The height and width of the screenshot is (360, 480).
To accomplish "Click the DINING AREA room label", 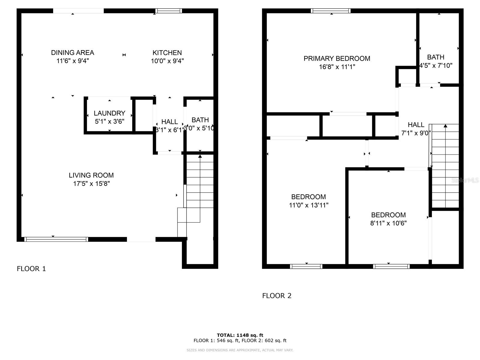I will coord(73,53).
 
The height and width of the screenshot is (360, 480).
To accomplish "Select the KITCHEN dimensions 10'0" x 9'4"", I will coord(167,61).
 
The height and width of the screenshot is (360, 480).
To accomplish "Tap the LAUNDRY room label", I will coord(109,113).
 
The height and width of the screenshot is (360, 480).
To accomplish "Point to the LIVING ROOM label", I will coord(91,175).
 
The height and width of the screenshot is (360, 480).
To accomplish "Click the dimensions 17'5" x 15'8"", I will coord(91,184).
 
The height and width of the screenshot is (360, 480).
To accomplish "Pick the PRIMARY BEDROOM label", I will coord(337,58).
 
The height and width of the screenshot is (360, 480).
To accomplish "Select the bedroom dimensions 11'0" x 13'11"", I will coord(308,205).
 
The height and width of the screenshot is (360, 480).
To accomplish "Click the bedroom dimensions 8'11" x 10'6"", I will coord(388,223).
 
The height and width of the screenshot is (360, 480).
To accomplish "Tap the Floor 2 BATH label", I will coord(436,57).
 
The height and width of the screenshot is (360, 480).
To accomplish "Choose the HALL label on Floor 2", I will coord(416,125).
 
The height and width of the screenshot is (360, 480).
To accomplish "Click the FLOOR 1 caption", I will coord(31,269).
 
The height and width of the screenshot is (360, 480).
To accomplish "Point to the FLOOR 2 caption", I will coord(277,296).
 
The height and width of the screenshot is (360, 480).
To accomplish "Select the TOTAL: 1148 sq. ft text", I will coord(240,335).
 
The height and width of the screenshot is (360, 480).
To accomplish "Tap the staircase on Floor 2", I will coord(445,168).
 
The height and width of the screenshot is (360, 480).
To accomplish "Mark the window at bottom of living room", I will coord(56,239).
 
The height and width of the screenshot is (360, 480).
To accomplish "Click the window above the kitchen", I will coord(169,11).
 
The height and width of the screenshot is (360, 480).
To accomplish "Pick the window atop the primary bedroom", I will coord(331,11).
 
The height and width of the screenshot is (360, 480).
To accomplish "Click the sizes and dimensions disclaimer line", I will coord(240,350).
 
